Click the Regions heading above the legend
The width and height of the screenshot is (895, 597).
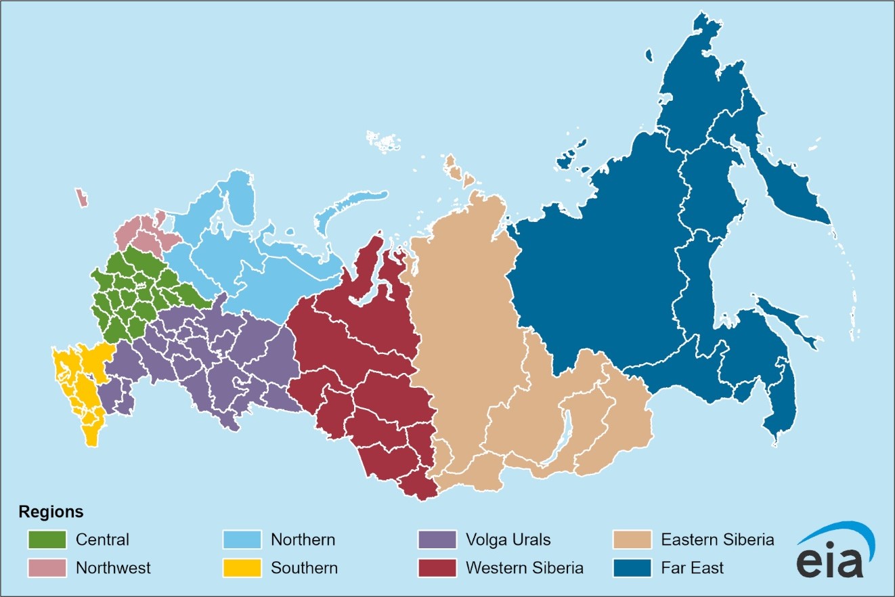pos(51,511)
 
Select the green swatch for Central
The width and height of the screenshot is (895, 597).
pos(47,539)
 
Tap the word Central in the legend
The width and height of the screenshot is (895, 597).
pos(102,540)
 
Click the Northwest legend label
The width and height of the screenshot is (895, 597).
pos(113,567)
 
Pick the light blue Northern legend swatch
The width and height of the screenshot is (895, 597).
pos(242,539)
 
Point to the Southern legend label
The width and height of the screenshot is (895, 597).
pos(304,567)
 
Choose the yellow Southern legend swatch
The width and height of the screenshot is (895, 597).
pos(242,567)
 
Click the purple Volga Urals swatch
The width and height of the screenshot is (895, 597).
pos(437,539)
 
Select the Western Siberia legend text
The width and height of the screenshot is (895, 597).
pos(524,567)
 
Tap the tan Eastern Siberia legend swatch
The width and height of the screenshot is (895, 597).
pos(632,539)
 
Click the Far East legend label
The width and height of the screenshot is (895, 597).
pos(692,567)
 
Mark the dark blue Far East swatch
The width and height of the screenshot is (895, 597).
pos(632,567)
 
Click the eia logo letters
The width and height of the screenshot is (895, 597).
pos(830,561)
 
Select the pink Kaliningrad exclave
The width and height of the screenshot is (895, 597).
pos(82,198)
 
